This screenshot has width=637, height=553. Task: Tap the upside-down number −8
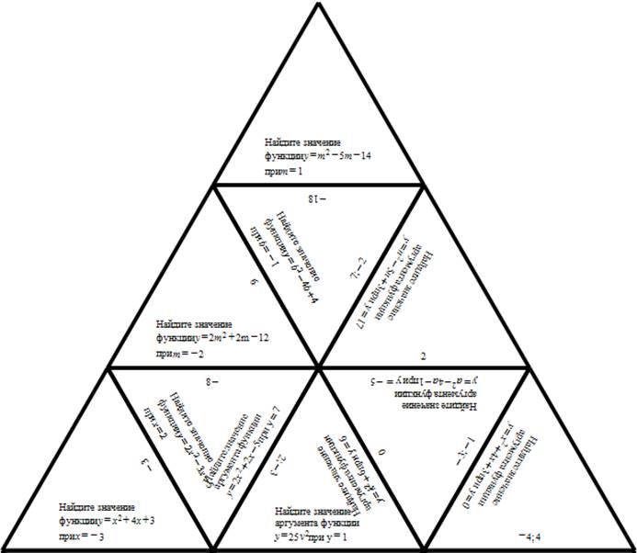tap(212, 378)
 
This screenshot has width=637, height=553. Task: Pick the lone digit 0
tap(380, 453)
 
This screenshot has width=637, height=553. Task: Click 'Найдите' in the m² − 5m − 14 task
tap(281, 142)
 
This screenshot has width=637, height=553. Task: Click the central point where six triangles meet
tap(319, 367)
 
